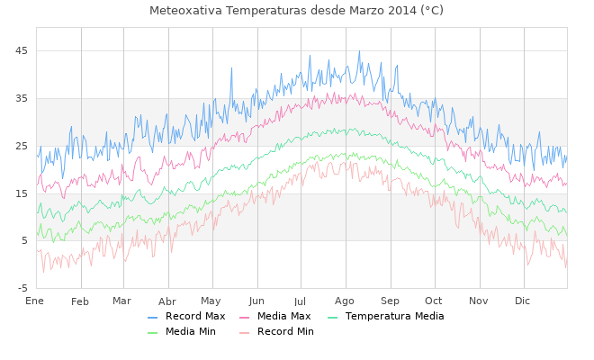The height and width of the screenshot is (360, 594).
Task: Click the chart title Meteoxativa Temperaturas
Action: (x=296, y=11)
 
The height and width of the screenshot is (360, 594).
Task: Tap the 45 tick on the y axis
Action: (x=22, y=50)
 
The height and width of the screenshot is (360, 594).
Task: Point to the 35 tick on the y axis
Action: (x=22, y=98)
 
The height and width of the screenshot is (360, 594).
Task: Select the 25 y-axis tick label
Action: (x=22, y=146)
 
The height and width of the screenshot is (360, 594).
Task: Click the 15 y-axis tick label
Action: (x=22, y=193)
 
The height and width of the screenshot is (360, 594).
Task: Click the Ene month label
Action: (x=35, y=301)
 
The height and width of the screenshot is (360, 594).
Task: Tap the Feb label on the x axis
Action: (x=80, y=301)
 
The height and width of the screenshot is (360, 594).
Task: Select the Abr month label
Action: (x=167, y=301)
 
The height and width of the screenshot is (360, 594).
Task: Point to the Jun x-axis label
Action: (x=256, y=301)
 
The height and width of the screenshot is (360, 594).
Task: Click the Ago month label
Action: (x=345, y=301)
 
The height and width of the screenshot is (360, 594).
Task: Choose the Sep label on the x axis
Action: (x=390, y=301)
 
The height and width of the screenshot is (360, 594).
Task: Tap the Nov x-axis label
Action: (x=478, y=301)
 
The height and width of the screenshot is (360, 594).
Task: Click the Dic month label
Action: (x=522, y=301)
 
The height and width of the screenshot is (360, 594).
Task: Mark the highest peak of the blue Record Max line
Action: (x=359, y=51)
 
